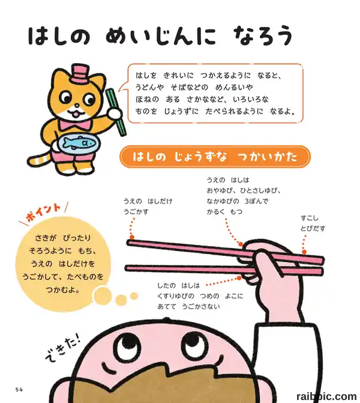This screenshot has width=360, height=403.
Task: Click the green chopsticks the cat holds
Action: pos(116,112)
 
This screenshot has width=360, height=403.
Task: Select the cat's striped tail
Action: pos(41,160)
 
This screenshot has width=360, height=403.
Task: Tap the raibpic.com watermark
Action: pos(326,396)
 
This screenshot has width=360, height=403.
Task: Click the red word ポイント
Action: pos(43,213)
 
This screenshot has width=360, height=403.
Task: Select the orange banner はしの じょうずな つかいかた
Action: pos(215,157)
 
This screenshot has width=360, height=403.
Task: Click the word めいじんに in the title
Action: pos(161,35)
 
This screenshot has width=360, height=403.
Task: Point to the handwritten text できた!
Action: pos(63,348)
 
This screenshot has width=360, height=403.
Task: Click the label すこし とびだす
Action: pos(313,223)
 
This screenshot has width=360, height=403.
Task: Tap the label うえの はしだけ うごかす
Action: pos(148,207)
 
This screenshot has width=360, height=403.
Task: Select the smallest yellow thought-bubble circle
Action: pos(134,296)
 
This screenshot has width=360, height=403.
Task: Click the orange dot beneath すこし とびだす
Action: pos(304,252)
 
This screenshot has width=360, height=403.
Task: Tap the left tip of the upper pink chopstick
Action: pos(128,243)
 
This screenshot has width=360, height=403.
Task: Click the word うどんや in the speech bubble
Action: pos(149,87)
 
